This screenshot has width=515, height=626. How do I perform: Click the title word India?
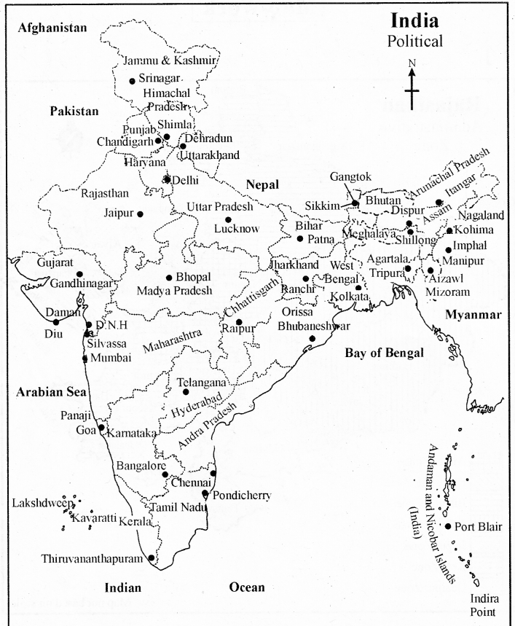(414, 20)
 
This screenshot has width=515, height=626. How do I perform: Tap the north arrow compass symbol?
(412, 87)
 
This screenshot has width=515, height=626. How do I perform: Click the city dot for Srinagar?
(132, 81)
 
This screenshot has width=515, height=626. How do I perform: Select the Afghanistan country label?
(52, 28)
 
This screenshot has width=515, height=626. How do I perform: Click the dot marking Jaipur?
(140, 214)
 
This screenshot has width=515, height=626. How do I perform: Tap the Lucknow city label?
(237, 229)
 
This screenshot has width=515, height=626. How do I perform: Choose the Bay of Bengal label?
(384, 353)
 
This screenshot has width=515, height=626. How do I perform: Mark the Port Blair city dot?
(448, 526)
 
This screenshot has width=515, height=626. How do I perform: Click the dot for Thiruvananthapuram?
(151, 558)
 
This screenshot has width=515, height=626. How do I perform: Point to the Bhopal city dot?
(169, 278)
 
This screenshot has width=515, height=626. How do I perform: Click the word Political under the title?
(414, 42)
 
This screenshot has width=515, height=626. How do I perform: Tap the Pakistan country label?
(74, 111)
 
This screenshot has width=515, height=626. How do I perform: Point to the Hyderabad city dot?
(186, 392)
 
